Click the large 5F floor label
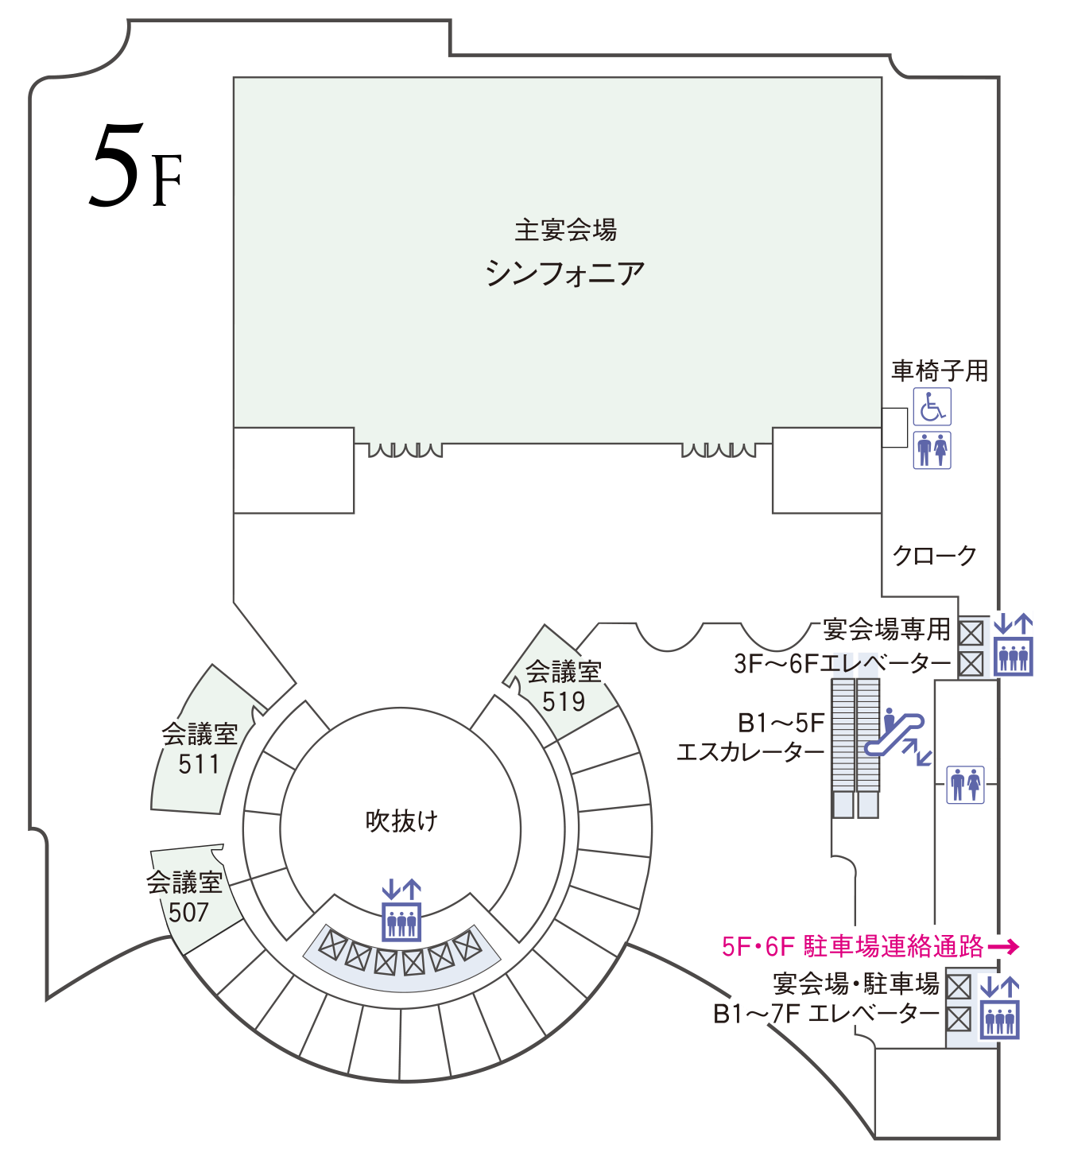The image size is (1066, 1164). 136,165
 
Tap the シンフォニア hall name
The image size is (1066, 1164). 565,273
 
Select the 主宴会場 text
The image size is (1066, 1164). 565,230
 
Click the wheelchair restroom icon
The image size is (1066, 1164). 932,407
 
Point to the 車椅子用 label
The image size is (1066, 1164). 940,371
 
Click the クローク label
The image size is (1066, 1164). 934,555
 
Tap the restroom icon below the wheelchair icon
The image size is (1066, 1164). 932,450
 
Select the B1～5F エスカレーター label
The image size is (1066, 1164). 751,738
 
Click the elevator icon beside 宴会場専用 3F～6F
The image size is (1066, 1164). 1014,646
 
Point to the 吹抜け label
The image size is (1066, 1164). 401,821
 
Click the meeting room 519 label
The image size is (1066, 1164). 563,686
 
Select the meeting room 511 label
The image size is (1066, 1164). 199,749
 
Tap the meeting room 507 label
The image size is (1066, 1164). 184,898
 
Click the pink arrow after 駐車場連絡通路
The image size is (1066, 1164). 1003,947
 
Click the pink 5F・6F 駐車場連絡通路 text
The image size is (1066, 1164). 852,946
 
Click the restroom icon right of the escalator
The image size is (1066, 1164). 966,785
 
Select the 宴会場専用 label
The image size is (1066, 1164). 886,629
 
